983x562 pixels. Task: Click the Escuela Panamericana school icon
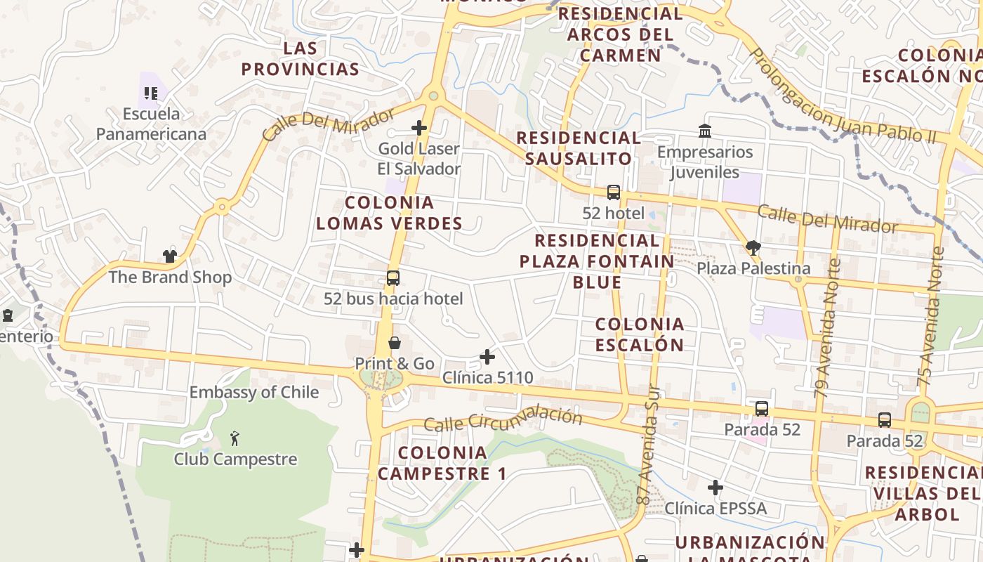(x=150, y=93)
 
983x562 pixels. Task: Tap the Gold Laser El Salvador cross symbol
(x=419, y=128)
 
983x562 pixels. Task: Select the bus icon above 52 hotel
(x=613, y=192)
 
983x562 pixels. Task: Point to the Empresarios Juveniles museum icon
(x=704, y=131)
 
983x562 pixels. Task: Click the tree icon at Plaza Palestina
(x=753, y=247)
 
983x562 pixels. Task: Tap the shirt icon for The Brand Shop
(x=169, y=256)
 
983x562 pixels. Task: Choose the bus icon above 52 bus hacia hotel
(x=393, y=278)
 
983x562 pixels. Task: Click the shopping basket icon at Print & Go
(x=395, y=343)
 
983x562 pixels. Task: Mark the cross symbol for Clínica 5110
(x=487, y=357)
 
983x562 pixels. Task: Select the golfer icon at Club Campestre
(x=235, y=439)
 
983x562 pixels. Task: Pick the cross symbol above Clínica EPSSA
(x=715, y=488)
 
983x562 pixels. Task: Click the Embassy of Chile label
(x=254, y=392)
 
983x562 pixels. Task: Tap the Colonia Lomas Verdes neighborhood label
(x=389, y=213)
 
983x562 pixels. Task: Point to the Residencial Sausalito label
(x=579, y=148)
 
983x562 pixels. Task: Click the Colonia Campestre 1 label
(x=442, y=463)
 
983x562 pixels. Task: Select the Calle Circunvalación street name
(x=503, y=420)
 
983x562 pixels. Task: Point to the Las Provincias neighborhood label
(x=301, y=59)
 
